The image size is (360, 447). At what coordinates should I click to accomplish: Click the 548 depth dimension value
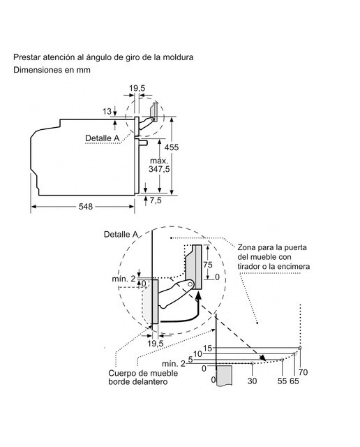[86, 207]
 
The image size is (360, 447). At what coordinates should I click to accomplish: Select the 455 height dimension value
[172, 147]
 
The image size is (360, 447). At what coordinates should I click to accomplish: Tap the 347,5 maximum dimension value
[159, 169]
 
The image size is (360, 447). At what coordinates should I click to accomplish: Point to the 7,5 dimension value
[156, 200]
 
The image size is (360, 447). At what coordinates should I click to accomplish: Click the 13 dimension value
[107, 112]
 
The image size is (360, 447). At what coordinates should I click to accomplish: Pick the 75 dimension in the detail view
[208, 265]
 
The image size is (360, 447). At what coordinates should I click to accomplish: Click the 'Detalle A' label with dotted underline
[103, 138]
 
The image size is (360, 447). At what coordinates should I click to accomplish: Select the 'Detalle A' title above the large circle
[121, 235]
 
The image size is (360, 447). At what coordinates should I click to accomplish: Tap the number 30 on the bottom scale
[252, 381]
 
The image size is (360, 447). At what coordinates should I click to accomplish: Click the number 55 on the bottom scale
[282, 381]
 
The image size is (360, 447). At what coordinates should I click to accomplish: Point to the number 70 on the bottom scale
[303, 372]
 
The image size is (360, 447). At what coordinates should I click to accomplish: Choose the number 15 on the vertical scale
[208, 348]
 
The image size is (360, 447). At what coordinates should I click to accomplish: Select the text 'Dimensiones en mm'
[52, 70]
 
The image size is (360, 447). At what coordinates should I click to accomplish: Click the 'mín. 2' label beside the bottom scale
[174, 363]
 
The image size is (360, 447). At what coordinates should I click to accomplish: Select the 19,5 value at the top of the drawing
[137, 88]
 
